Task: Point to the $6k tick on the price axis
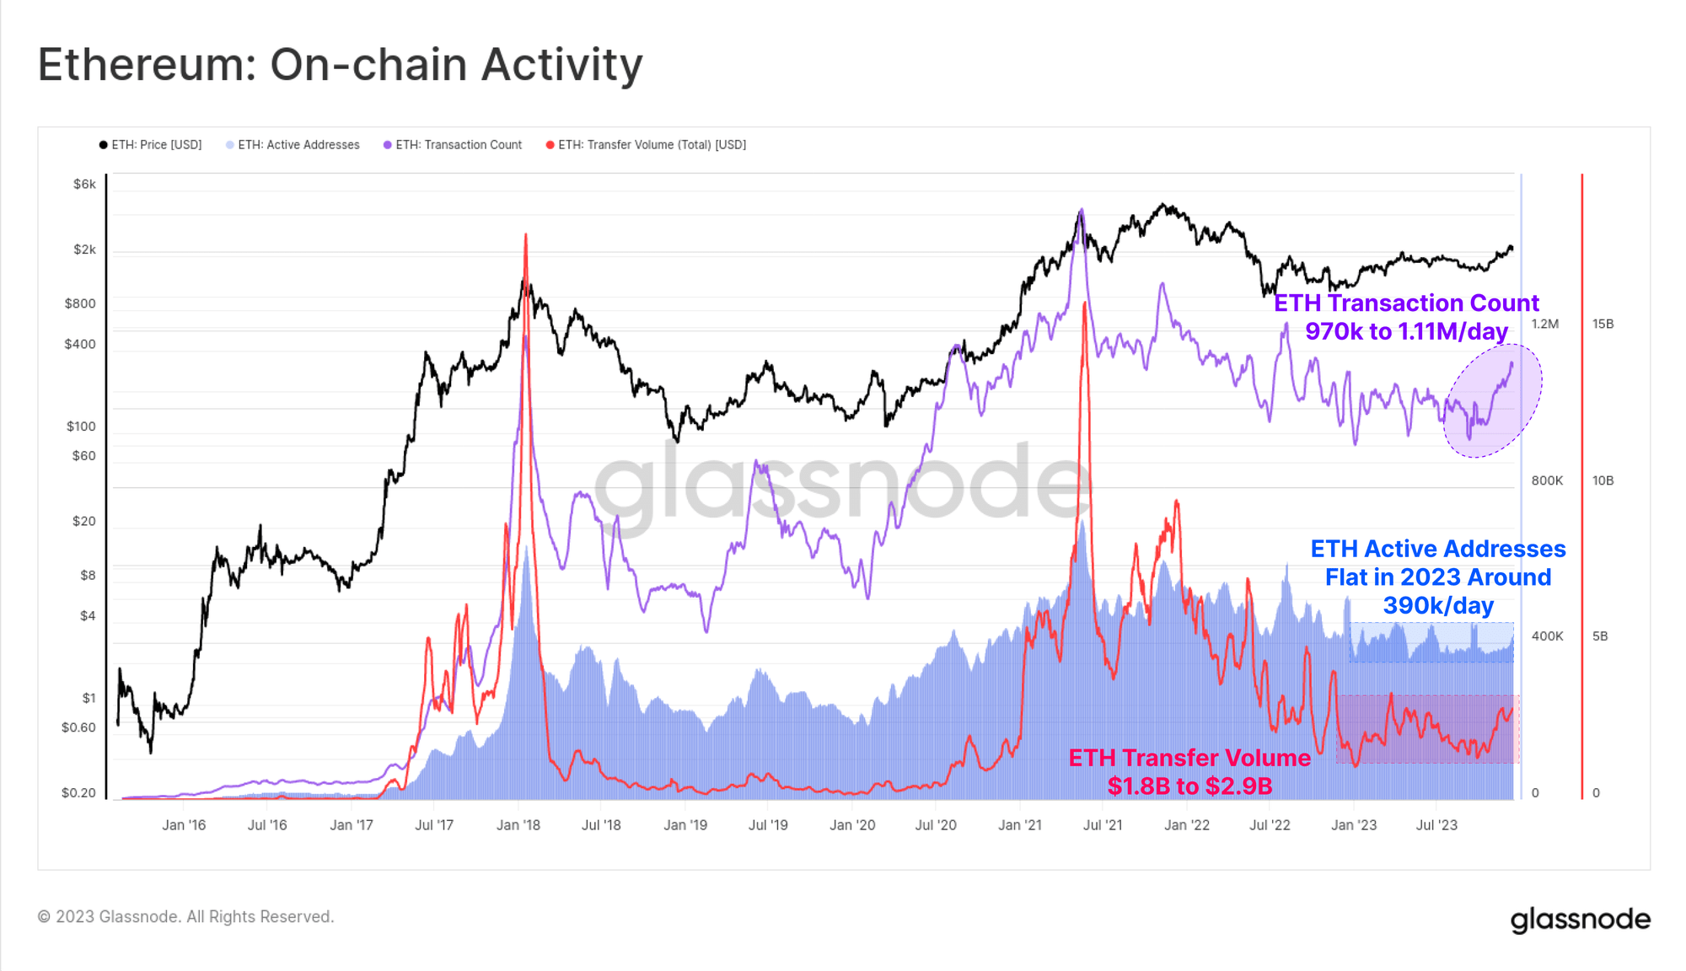point(84,184)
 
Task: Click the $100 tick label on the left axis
point(81,426)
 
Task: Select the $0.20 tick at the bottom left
point(78,792)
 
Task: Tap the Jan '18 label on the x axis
point(518,825)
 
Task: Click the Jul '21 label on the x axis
point(1103,825)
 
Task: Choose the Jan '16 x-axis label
point(184,825)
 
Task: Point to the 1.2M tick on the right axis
point(1544,324)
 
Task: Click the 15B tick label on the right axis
point(1603,324)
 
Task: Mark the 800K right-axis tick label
point(1547,480)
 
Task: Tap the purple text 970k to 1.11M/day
point(1406,331)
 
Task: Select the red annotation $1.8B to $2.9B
point(1189,786)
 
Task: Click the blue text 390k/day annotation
point(1438,605)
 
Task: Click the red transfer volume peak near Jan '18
point(525,237)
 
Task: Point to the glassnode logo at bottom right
point(1580,919)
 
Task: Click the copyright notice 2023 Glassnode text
point(185,916)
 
